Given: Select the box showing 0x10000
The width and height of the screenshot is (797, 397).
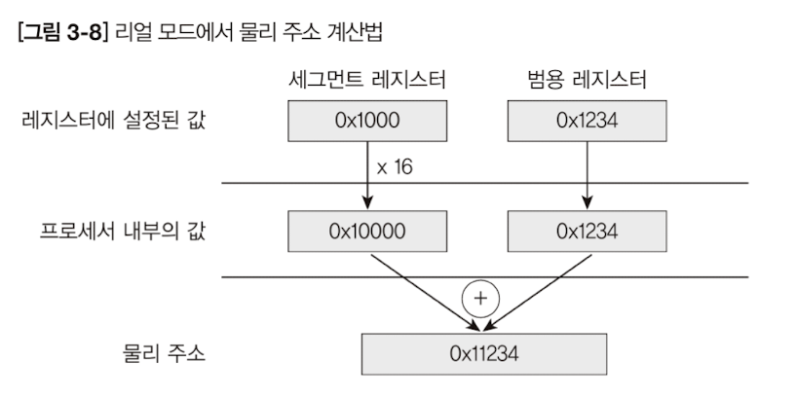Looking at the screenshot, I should click(367, 232).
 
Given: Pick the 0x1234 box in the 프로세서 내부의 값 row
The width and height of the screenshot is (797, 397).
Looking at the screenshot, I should click(588, 232).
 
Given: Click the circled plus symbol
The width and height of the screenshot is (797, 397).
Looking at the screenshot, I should click(478, 297).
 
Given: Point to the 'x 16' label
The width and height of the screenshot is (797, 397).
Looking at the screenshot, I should click(395, 166).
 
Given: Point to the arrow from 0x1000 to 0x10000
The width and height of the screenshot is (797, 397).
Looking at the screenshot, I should click(367, 175).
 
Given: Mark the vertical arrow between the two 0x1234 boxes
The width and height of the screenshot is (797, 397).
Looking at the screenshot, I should click(588, 175).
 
